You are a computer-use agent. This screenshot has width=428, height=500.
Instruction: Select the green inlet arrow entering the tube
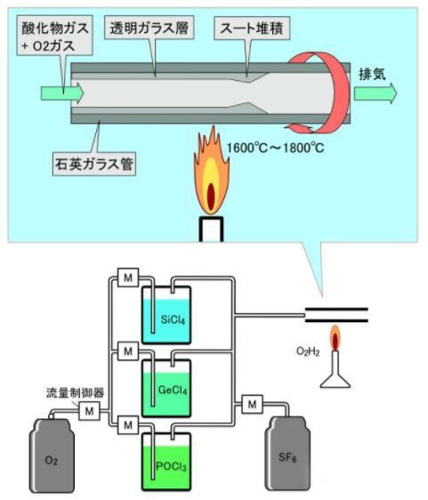coord(61,92)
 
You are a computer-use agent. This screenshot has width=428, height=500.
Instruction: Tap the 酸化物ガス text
coord(52,26)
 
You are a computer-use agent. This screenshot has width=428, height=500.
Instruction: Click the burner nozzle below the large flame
coord(210,228)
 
